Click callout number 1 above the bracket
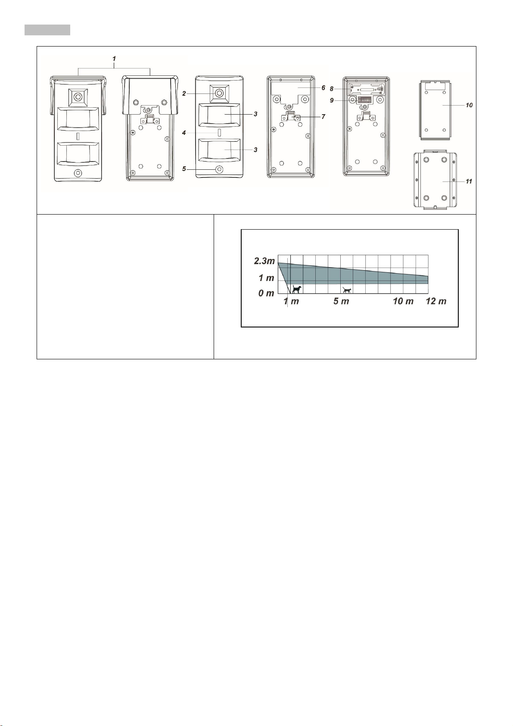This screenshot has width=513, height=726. point(114,59)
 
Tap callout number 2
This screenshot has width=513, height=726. point(184,93)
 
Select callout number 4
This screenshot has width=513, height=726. point(184,133)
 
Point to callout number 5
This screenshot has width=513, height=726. point(184,169)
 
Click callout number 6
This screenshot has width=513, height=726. point(323,88)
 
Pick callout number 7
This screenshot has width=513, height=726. point(323,117)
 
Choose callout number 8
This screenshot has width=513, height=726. point(332,89)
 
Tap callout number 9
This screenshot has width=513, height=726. point(332,100)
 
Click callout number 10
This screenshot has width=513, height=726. point(469,105)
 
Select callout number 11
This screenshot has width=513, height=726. point(469,181)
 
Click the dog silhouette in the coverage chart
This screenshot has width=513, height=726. point(296,289)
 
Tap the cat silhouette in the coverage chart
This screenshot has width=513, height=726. point(347,290)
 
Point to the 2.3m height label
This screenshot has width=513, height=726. point(264,261)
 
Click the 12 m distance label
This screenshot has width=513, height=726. point(436,302)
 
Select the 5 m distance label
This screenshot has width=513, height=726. point(341,302)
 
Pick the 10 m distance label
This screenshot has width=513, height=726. point(403,302)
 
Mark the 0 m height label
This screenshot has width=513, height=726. point(266,294)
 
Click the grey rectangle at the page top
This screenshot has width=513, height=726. point(47,30)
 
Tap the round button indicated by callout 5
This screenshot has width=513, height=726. point(219,169)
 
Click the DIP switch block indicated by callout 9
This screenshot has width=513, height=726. point(365,100)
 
